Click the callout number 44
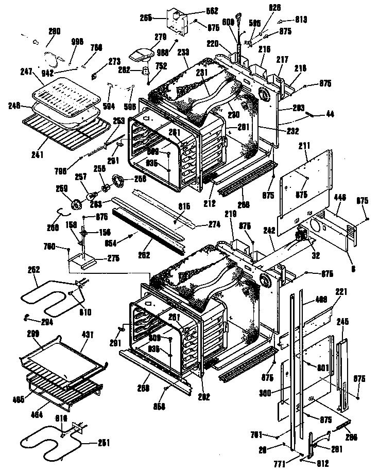click(x=330, y=114)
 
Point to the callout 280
click(x=54, y=31)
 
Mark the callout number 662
click(x=198, y=11)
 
